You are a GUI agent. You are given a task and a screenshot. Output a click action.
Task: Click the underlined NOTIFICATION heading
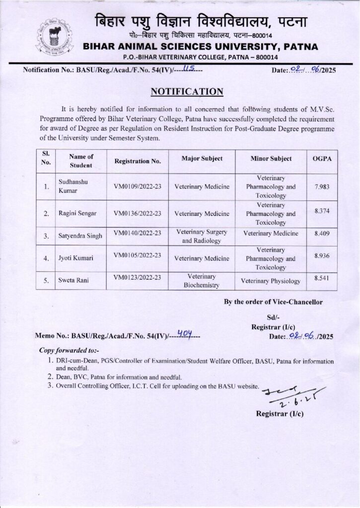point(180,91)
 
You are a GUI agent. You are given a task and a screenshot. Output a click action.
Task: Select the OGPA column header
point(322,158)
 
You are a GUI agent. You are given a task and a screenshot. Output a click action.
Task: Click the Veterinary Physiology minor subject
point(271,281)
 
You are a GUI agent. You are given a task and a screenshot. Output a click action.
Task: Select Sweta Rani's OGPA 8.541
point(322,278)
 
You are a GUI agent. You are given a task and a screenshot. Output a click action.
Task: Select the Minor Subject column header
point(271,158)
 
